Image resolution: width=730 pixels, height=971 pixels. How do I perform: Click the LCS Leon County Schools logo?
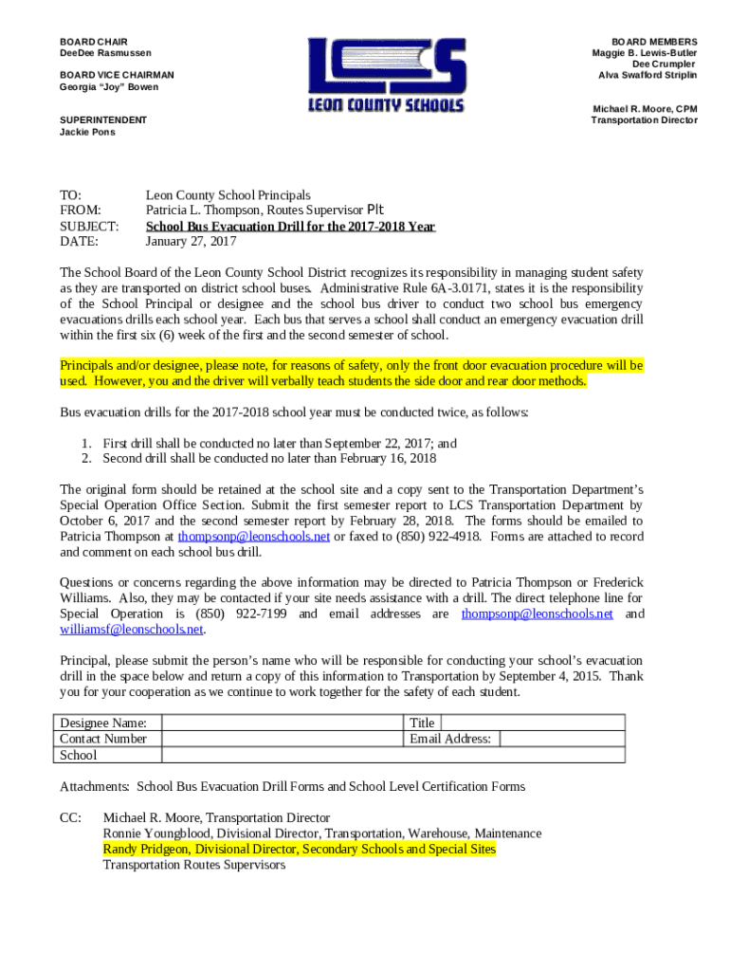coord(386,75)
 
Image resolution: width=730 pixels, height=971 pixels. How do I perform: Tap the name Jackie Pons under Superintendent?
coord(87,132)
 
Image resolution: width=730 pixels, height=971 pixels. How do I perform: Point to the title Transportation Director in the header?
coord(644,120)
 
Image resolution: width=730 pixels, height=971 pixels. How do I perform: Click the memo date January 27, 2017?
coord(191,242)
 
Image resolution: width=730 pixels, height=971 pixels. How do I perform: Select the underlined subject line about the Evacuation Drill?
coord(290,227)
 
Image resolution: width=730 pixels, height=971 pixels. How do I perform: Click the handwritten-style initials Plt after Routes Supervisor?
coord(375,210)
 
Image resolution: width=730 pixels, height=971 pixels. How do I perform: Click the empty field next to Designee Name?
coord(281,723)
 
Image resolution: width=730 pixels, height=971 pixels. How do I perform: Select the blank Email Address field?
coord(561,739)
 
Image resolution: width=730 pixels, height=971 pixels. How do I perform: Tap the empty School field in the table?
coord(393,755)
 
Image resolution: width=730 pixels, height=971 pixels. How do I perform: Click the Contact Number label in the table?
coord(103,739)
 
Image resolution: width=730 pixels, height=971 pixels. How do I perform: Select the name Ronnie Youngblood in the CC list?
coord(155,834)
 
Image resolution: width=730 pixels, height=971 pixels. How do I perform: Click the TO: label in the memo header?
coord(71,194)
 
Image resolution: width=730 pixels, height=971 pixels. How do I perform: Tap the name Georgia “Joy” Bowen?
coord(109,87)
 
